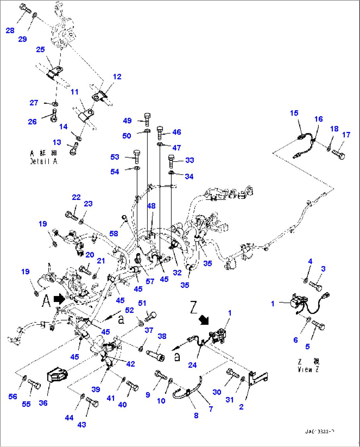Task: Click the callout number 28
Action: click(10, 30)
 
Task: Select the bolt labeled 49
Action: click(147, 119)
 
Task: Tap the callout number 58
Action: click(114, 234)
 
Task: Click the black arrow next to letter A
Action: click(59, 299)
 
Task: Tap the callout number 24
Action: click(192, 365)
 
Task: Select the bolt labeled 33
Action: click(171, 161)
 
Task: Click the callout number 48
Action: click(151, 206)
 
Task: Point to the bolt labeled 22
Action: click(72, 216)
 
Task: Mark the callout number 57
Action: click(150, 281)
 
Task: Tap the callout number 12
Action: click(117, 77)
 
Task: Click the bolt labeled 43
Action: click(92, 402)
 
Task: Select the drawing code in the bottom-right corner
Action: click(319, 431)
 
